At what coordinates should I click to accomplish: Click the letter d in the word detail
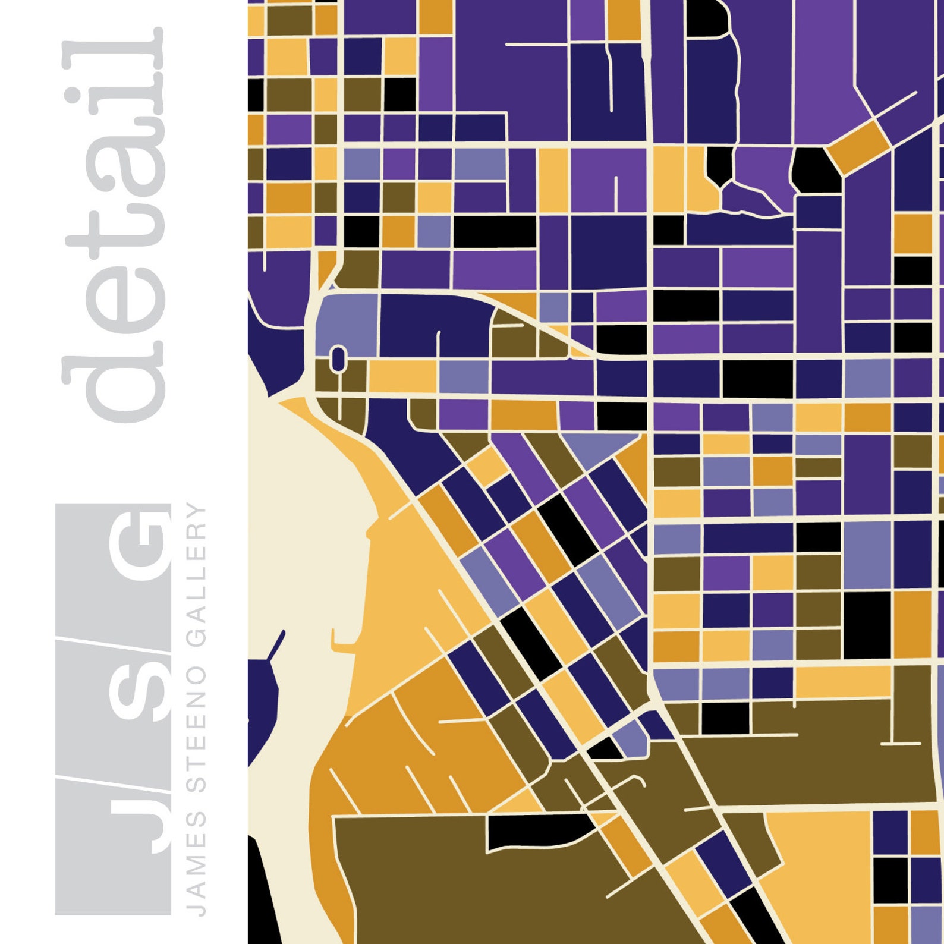click(x=113, y=380)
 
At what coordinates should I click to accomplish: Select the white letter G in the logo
click(x=140, y=544)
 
